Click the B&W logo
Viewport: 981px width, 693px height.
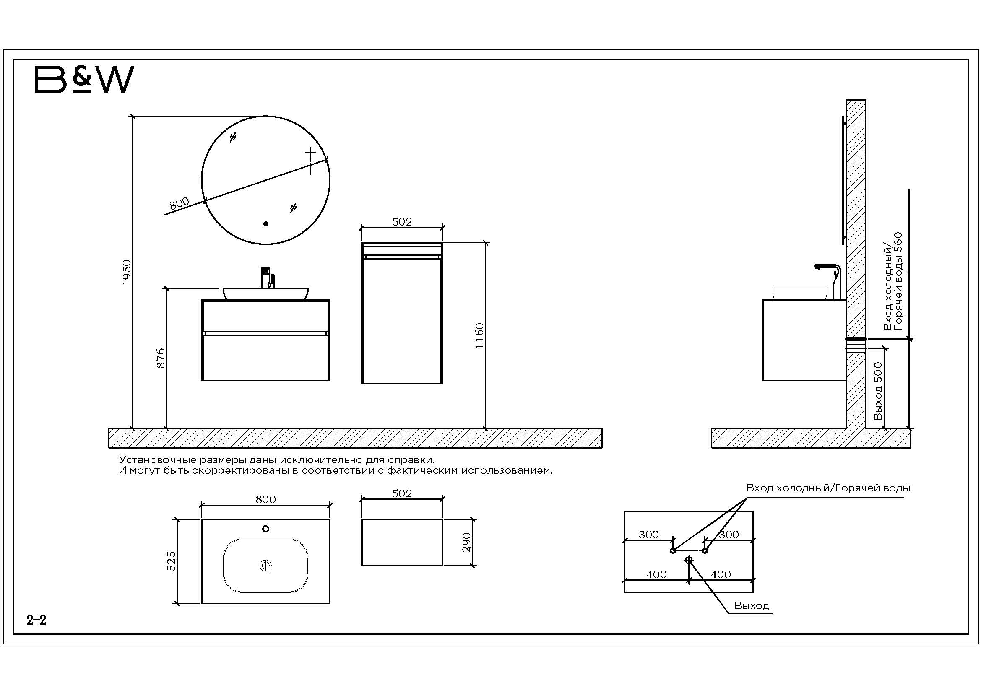point(84,79)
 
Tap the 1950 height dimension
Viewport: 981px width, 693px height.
point(127,273)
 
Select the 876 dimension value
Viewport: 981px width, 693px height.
point(161,358)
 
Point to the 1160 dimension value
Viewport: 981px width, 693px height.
point(479,336)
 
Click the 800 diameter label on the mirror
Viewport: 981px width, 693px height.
point(179,203)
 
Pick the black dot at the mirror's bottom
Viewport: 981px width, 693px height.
point(266,223)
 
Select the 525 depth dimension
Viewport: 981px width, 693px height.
point(171,561)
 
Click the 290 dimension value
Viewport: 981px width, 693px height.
point(466,542)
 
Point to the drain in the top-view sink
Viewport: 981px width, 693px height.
point(266,566)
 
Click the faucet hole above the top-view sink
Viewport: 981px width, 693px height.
point(266,529)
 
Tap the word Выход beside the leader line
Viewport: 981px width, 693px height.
point(752,605)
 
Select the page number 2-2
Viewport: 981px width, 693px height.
point(36,620)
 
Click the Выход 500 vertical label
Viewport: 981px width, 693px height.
point(878,391)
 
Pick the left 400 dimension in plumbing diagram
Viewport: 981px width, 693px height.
point(657,574)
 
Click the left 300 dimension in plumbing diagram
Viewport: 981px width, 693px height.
point(648,535)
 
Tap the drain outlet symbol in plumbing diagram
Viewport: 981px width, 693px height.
point(689,560)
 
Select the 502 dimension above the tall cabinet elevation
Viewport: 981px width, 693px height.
point(402,222)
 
